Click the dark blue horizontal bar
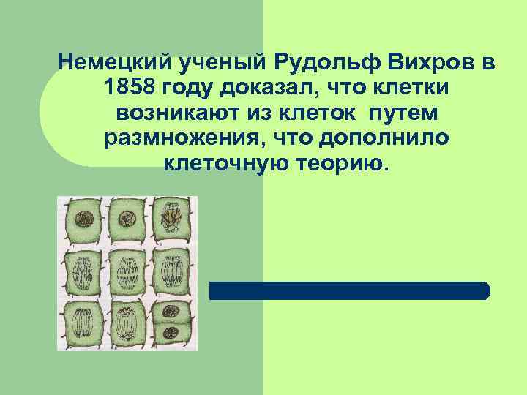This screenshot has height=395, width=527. [349, 290]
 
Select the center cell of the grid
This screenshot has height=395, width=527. [129, 270]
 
